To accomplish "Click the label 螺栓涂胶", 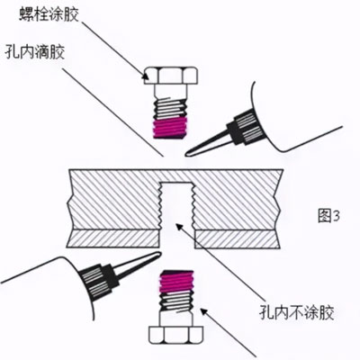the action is [49, 13].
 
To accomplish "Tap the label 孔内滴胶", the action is [35, 51].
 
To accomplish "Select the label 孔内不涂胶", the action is [297, 312].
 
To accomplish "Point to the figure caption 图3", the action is [328, 216].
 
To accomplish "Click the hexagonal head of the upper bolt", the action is [170, 75].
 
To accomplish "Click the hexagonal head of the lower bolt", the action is [176, 335].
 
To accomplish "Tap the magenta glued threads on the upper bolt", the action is [170, 128].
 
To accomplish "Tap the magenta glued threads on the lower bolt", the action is [176, 281].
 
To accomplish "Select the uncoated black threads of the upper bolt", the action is [170, 109].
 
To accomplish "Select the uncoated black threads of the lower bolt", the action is [177, 301].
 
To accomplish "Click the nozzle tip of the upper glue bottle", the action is [187, 154].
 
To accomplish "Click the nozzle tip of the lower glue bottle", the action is [159, 255].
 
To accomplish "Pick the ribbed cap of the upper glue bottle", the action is [246, 128].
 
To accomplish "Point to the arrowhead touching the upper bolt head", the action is [145, 77].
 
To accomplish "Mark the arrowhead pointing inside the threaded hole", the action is [179, 226].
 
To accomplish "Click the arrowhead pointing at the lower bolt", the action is [204, 311].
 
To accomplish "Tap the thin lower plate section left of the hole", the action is [113, 238].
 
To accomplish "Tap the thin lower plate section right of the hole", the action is [238, 239].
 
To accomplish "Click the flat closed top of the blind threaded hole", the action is [176, 183].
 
